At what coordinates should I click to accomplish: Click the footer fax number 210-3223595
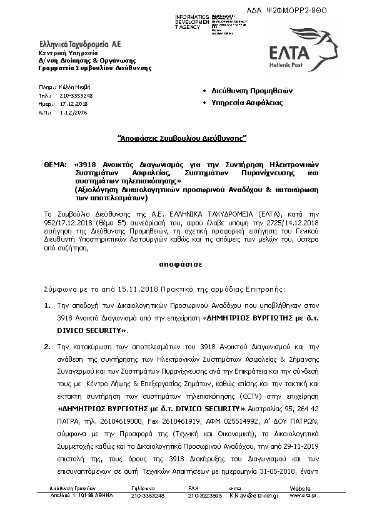click(x=205, y=494)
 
